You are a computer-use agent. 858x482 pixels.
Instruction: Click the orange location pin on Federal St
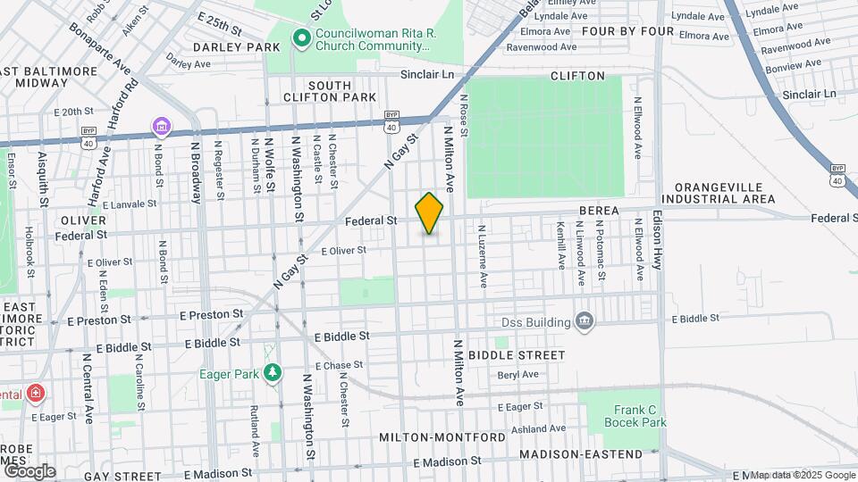click(429, 212)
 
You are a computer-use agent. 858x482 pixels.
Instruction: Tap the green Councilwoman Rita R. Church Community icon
click(301, 38)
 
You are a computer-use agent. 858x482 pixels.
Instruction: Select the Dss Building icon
click(585, 321)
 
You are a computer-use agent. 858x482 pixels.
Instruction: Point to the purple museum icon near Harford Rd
click(161, 127)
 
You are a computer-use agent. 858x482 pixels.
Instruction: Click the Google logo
click(29, 470)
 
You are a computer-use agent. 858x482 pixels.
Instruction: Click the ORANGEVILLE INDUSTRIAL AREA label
click(725, 193)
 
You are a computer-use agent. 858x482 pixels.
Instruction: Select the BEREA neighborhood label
click(599, 210)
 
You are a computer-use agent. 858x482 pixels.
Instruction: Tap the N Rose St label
click(464, 116)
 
